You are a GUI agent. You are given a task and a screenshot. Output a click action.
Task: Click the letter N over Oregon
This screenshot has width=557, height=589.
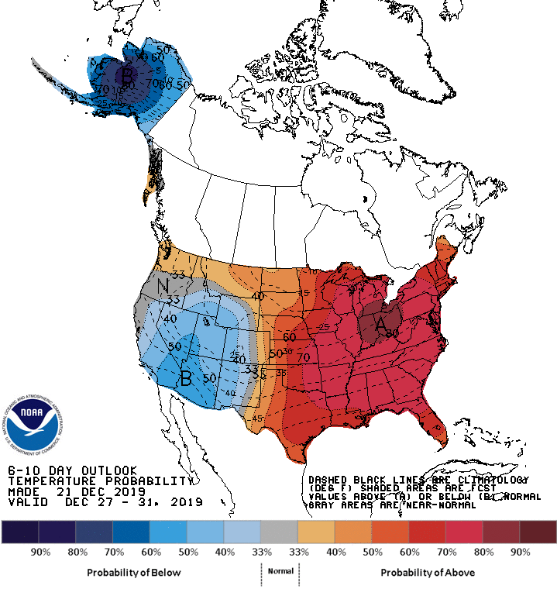(163, 288)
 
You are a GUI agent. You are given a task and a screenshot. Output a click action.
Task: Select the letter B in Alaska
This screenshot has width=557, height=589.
(127, 76)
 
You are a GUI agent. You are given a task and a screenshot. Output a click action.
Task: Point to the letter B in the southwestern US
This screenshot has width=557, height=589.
(186, 378)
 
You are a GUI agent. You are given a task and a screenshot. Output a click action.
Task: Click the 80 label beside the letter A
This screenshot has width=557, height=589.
(392, 333)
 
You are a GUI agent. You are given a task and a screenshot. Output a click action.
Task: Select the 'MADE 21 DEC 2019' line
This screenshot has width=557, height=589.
(77, 492)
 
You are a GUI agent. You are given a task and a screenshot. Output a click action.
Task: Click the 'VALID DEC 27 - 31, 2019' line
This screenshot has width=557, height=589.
(105, 502)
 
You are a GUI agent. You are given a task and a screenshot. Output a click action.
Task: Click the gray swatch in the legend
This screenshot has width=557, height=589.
(279, 532)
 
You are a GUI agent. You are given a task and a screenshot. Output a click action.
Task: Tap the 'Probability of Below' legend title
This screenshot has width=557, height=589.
(133, 572)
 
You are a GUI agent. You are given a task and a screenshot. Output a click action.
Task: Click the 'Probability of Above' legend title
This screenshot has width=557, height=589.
(428, 572)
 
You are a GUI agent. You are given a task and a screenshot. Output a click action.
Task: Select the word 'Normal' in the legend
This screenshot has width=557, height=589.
(280, 571)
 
